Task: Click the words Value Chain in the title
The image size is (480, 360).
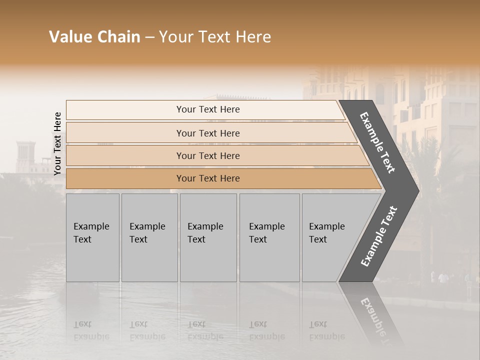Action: (x=94, y=37)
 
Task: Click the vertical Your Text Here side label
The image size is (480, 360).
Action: (x=58, y=143)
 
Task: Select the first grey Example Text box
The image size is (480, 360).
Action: (x=92, y=237)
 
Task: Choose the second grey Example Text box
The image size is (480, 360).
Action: (x=149, y=237)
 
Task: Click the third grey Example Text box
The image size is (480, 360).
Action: (x=208, y=237)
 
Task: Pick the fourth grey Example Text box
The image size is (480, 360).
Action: (x=269, y=237)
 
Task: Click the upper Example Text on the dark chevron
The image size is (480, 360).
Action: (x=377, y=142)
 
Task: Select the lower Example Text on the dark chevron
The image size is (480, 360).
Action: (x=379, y=236)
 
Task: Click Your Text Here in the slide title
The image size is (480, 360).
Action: (x=215, y=37)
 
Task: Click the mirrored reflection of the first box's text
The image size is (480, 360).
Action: (x=91, y=330)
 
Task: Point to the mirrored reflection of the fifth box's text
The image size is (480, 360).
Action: (x=327, y=330)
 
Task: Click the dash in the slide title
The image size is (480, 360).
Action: (x=149, y=37)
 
